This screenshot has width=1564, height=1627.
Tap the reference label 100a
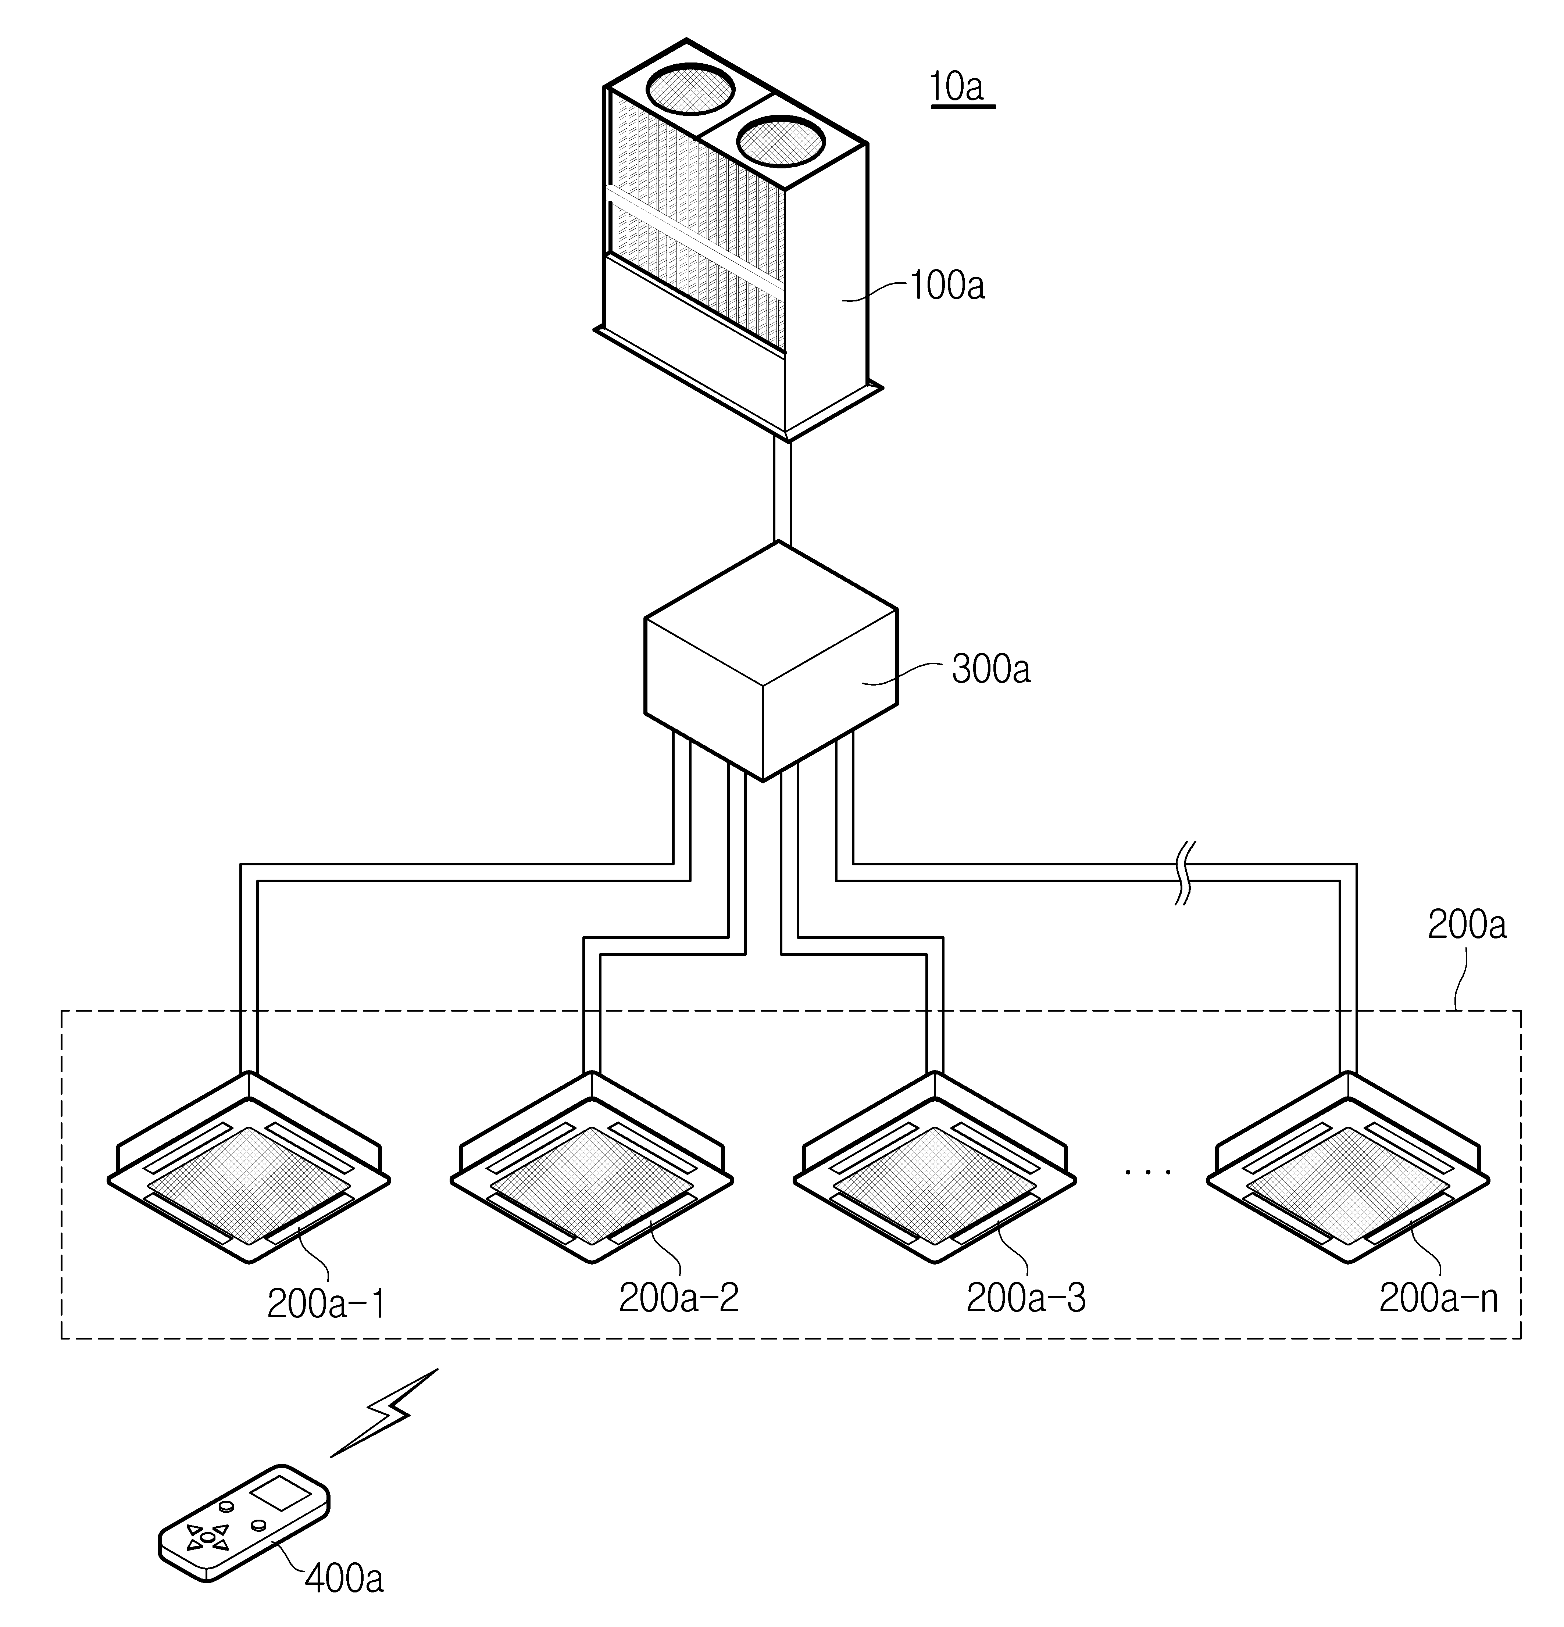pyautogui.click(x=947, y=286)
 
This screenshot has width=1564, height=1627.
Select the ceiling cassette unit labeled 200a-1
pyautogui.click(x=249, y=1167)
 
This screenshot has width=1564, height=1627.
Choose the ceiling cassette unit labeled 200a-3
pyautogui.click(x=935, y=1167)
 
